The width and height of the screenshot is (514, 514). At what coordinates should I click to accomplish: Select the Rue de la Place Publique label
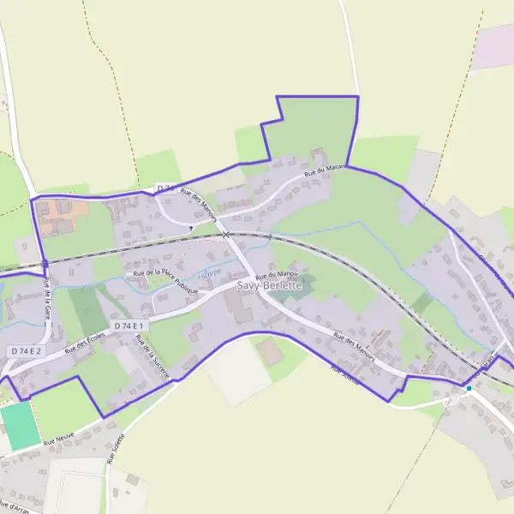(x=165, y=281)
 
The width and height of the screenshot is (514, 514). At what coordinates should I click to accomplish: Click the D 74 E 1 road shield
(x=130, y=326)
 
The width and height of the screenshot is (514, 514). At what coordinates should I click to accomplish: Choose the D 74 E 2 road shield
(x=27, y=351)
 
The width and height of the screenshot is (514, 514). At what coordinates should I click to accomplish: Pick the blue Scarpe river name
(x=209, y=274)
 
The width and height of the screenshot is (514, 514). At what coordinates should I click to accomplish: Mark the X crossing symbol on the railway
(x=225, y=234)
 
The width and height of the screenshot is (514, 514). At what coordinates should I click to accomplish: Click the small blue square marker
(x=469, y=388)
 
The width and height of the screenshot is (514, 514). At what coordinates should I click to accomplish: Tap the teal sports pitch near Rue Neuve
(x=20, y=425)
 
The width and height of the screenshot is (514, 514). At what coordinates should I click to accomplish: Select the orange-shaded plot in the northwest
(x=56, y=214)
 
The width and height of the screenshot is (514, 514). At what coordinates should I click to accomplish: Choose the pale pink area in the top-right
(x=494, y=45)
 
